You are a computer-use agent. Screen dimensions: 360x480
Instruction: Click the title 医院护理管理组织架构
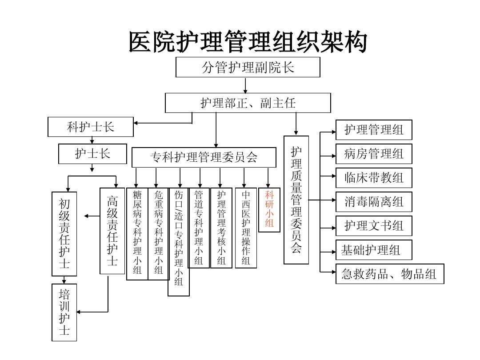248,43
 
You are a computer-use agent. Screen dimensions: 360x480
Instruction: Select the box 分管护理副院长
248,67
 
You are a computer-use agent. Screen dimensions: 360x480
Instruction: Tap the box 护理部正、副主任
248,103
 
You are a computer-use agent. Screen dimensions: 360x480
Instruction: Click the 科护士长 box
91,127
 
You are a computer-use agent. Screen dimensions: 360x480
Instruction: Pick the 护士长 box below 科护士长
92,154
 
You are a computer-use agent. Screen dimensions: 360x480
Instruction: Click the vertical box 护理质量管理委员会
296,200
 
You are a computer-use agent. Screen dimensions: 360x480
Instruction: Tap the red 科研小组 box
269,210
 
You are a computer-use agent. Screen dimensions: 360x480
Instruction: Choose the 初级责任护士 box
64,234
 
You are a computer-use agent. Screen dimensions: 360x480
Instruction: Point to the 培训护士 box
64,312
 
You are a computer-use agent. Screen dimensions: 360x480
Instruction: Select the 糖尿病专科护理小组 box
137,234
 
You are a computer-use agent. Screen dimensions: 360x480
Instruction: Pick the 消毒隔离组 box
374,202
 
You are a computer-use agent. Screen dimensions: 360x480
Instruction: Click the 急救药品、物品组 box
389,274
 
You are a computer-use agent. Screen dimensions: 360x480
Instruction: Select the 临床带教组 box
374,178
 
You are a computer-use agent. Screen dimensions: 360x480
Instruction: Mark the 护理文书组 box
374,226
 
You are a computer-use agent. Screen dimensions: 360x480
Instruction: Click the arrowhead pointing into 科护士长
136,123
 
